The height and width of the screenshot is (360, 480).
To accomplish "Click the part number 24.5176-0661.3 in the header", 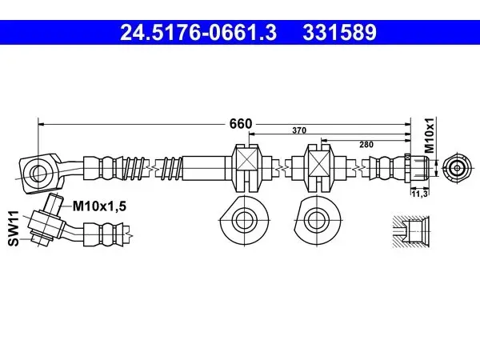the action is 198,33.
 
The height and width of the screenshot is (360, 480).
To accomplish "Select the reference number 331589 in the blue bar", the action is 339,33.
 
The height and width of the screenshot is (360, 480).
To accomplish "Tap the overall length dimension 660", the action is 241,124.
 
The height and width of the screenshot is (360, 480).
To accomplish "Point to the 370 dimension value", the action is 299,130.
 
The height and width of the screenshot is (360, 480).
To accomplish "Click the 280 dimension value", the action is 366,144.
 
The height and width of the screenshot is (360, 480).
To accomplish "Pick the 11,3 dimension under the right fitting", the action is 420,194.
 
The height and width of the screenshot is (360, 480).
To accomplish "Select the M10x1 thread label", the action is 430,135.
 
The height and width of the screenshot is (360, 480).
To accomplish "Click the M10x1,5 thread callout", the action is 99,206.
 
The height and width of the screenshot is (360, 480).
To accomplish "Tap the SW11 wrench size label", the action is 14,228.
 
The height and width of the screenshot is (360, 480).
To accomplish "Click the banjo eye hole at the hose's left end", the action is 38,173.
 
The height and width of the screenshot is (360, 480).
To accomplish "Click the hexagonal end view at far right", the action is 457,168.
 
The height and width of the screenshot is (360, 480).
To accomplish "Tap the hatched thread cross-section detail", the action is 411,231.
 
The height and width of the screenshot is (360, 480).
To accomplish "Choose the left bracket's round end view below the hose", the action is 244,220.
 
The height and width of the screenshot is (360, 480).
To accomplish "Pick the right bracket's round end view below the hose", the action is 317,220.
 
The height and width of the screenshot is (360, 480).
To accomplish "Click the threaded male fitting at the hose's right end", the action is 418,168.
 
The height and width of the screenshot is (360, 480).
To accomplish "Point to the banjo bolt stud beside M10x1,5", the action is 54,204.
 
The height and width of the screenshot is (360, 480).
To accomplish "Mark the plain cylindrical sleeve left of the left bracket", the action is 204,168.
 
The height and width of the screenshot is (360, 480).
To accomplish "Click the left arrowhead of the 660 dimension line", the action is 42,124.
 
